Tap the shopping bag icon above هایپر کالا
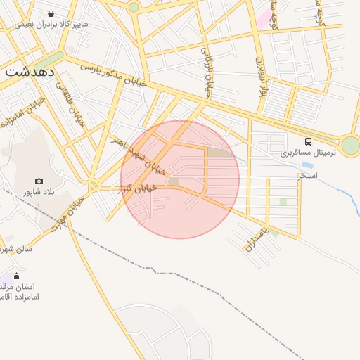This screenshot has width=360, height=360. click(x=51, y=13)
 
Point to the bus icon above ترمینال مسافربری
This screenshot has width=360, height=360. click(x=309, y=141)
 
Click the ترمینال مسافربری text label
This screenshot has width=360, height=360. click(x=309, y=153)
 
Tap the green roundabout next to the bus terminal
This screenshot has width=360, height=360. click(x=350, y=145)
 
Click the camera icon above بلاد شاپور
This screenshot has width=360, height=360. click(x=39, y=181)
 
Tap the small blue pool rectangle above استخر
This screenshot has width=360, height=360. click(x=307, y=165)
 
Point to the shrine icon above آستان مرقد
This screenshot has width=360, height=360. click(x=17, y=276)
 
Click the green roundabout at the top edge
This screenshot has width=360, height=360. click(x=134, y=7)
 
